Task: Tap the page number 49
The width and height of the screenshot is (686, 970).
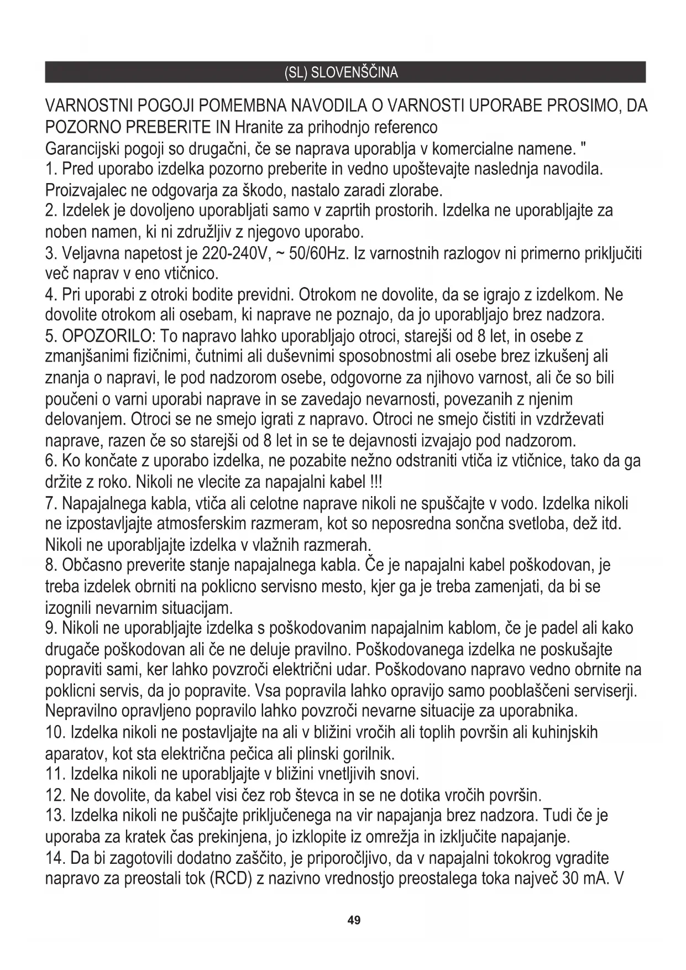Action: [354, 920]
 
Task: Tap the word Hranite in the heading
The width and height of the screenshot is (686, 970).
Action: [256, 128]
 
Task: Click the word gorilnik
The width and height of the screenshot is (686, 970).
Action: [369, 753]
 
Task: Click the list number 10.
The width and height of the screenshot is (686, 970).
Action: [55, 733]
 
